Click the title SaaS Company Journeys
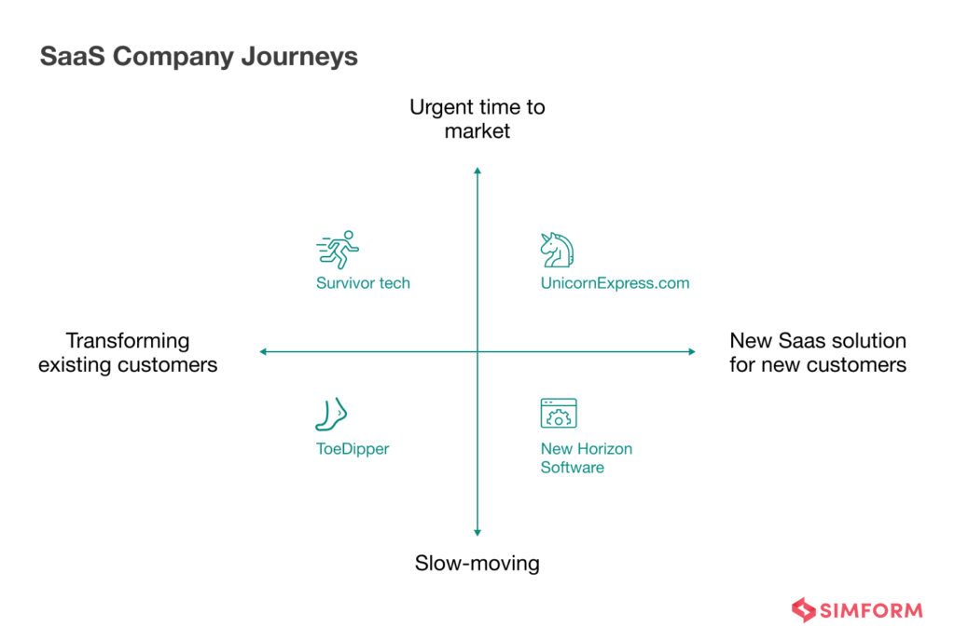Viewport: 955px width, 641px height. (x=199, y=56)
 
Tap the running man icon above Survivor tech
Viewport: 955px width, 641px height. (x=338, y=250)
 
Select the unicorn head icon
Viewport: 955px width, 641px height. (x=557, y=250)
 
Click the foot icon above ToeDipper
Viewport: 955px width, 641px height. (x=331, y=414)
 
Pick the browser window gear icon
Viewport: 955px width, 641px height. (x=558, y=414)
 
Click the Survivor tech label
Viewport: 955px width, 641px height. (x=363, y=283)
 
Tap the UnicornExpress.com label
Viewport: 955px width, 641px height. (x=615, y=283)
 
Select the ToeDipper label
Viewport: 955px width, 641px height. (x=353, y=449)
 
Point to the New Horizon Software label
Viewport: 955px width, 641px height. (x=586, y=458)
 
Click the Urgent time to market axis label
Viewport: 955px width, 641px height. (x=477, y=119)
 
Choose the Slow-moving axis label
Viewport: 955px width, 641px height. (x=477, y=564)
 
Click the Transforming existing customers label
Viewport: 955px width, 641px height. (x=128, y=353)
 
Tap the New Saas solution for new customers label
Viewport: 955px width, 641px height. (x=818, y=353)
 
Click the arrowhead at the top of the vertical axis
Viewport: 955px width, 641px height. (x=477, y=170)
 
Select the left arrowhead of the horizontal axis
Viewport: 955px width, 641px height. (x=264, y=351)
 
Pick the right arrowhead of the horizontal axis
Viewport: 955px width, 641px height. (x=691, y=351)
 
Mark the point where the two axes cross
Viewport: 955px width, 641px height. (x=477, y=351)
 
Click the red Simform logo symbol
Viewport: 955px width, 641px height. (x=803, y=610)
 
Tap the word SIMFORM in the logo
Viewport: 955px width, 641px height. (x=871, y=611)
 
